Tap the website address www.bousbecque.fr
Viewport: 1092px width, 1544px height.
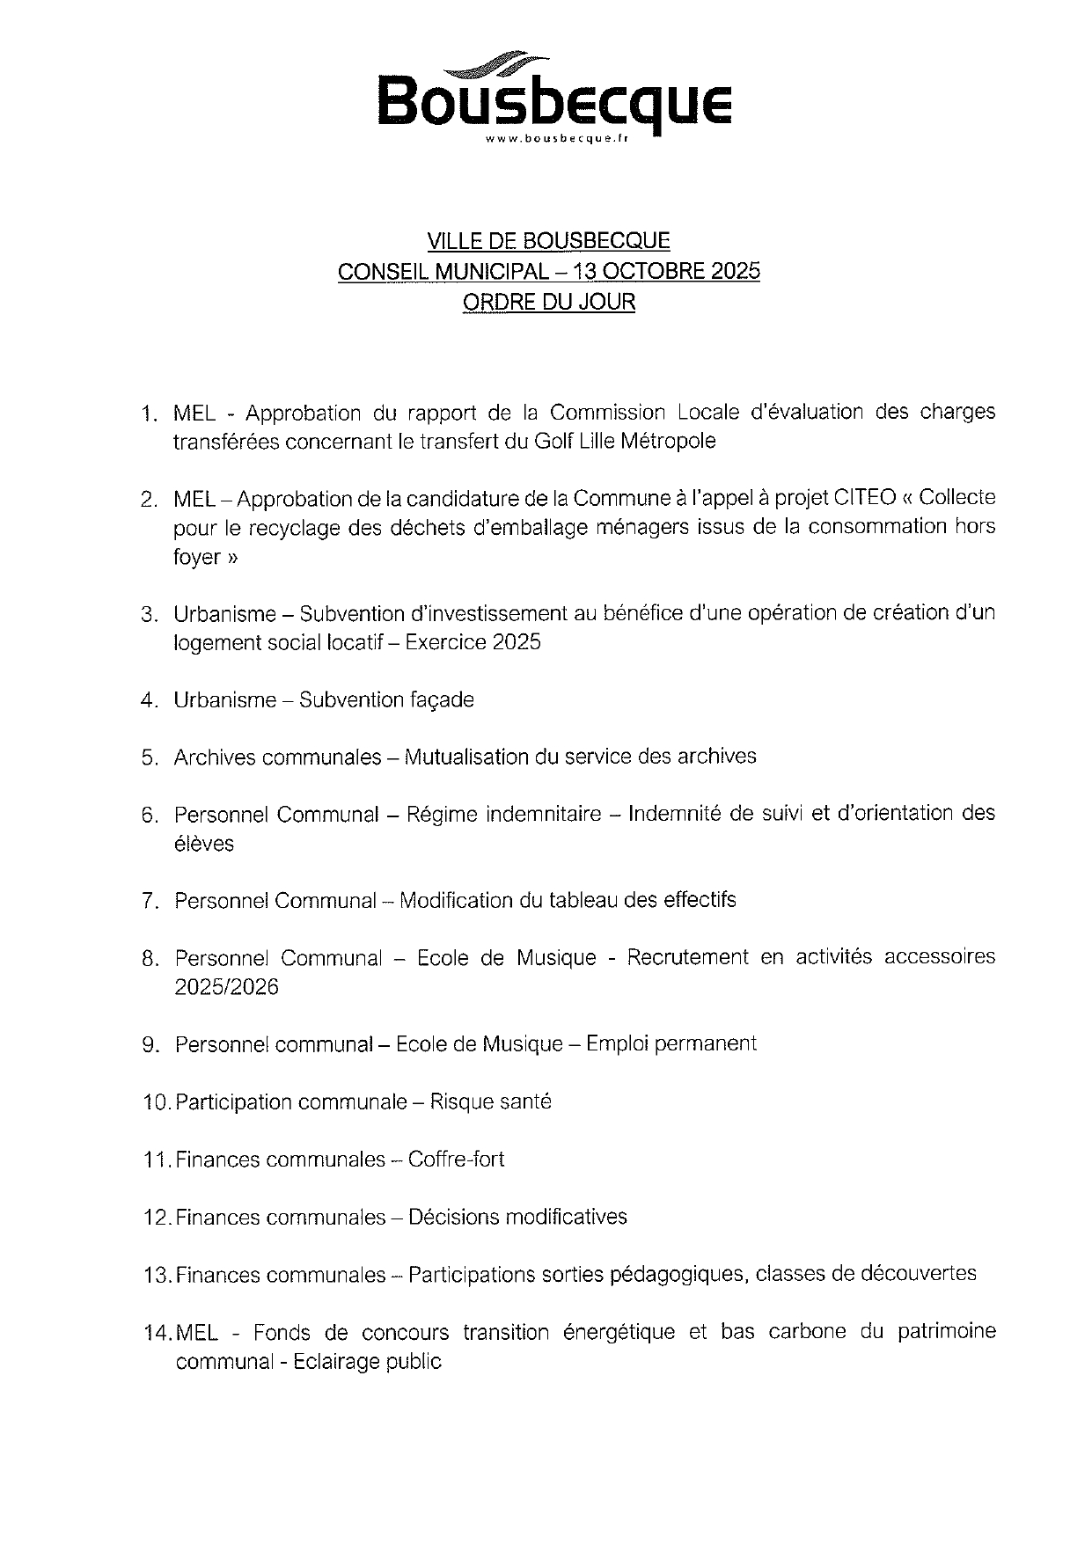pyautogui.click(x=555, y=139)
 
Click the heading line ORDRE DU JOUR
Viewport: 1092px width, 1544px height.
pyautogui.click(x=548, y=302)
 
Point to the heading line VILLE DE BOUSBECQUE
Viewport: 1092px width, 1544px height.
pyautogui.click(x=548, y=240)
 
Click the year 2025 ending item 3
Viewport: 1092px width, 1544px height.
pyautogui.click(x=517, y=642)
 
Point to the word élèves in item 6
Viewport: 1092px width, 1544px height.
pyautogui.click(x=204, y=844)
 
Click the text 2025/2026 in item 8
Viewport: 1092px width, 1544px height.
pyautogui.click(x=226, y=987)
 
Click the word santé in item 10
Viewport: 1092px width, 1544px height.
pyautogui.click(x=525, y=1101)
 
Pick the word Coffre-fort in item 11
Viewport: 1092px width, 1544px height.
pyautogui.click(x=457, y=1160)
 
